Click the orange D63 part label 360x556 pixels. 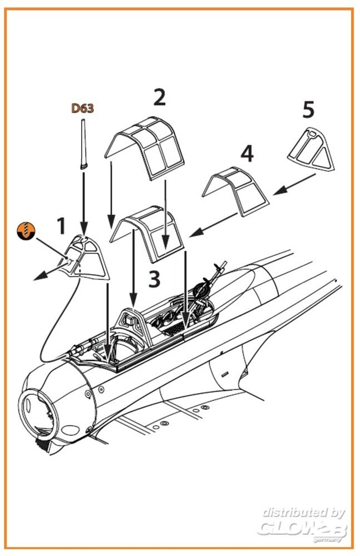point(82,108)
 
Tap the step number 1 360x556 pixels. point(61,226)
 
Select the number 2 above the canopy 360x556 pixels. point(159,97)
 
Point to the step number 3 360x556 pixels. point(154,279)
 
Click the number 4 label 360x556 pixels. point(247,153)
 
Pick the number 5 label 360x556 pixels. point(308,110)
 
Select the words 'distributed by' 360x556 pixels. point(303,513)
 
